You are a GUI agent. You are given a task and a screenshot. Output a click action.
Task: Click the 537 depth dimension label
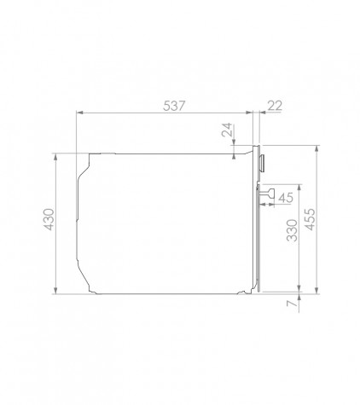174,106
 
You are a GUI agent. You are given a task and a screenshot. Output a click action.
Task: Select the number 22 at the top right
275,106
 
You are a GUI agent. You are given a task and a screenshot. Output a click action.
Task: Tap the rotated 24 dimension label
227,130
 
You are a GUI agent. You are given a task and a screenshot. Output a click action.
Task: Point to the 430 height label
49,219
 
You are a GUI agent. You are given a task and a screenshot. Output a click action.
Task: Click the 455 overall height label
310,219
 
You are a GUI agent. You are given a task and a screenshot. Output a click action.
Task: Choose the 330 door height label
292,230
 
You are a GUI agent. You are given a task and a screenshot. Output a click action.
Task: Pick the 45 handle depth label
286,198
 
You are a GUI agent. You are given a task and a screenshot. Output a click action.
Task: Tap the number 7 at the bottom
292,304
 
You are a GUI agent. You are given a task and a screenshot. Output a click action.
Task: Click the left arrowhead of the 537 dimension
79,113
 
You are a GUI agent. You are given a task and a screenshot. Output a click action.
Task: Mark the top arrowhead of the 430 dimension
55,157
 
